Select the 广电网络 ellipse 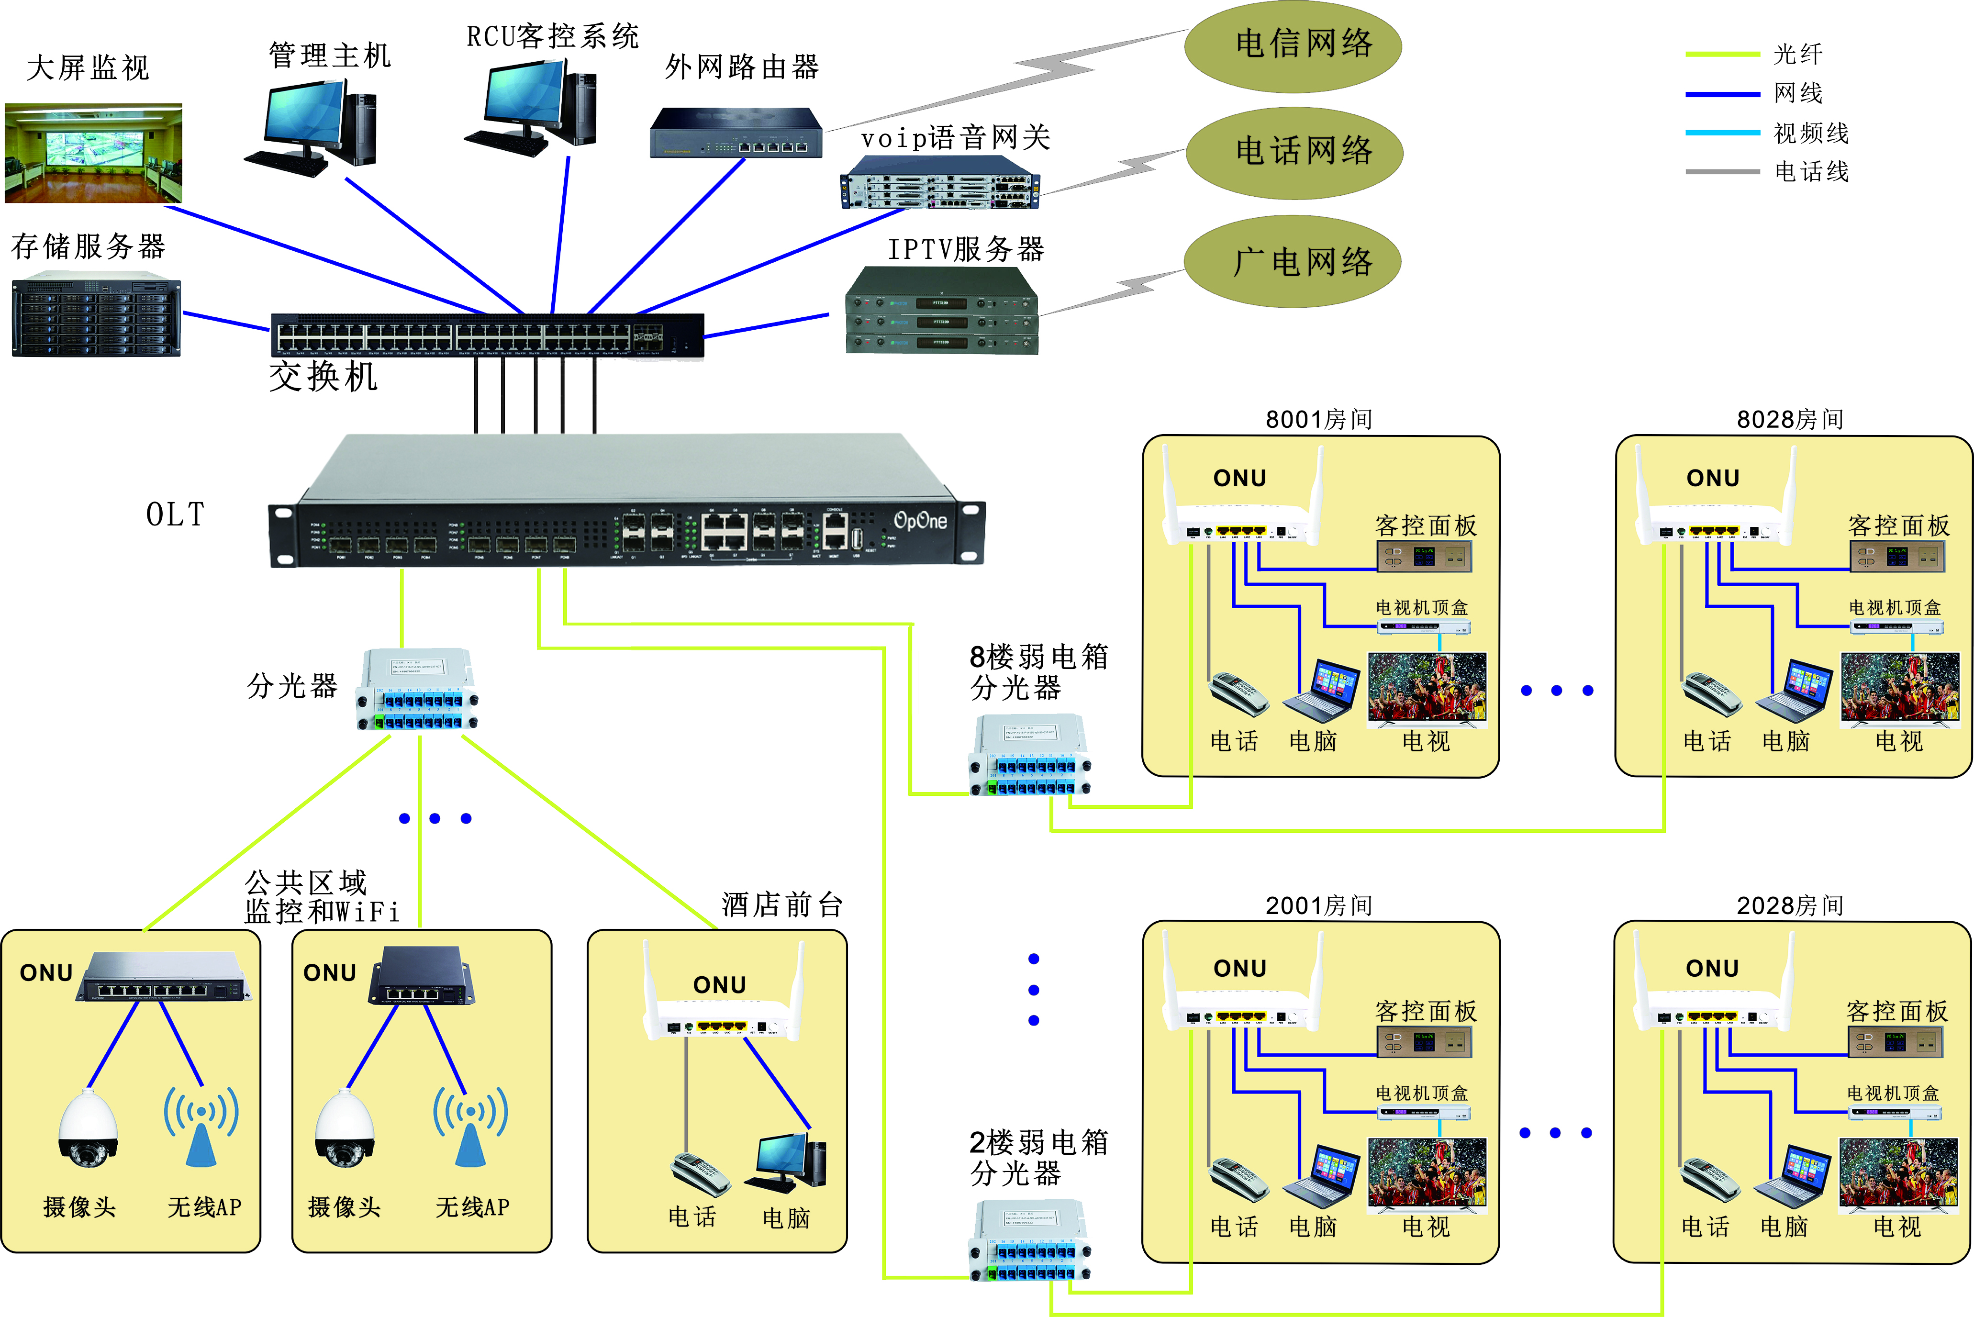click(x=1293, y=262)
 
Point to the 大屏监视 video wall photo click(x=93, y=153)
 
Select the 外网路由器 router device click(x=736, y=133)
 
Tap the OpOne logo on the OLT click(x=920, y=521)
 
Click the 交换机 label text click(x=323, y=376)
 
